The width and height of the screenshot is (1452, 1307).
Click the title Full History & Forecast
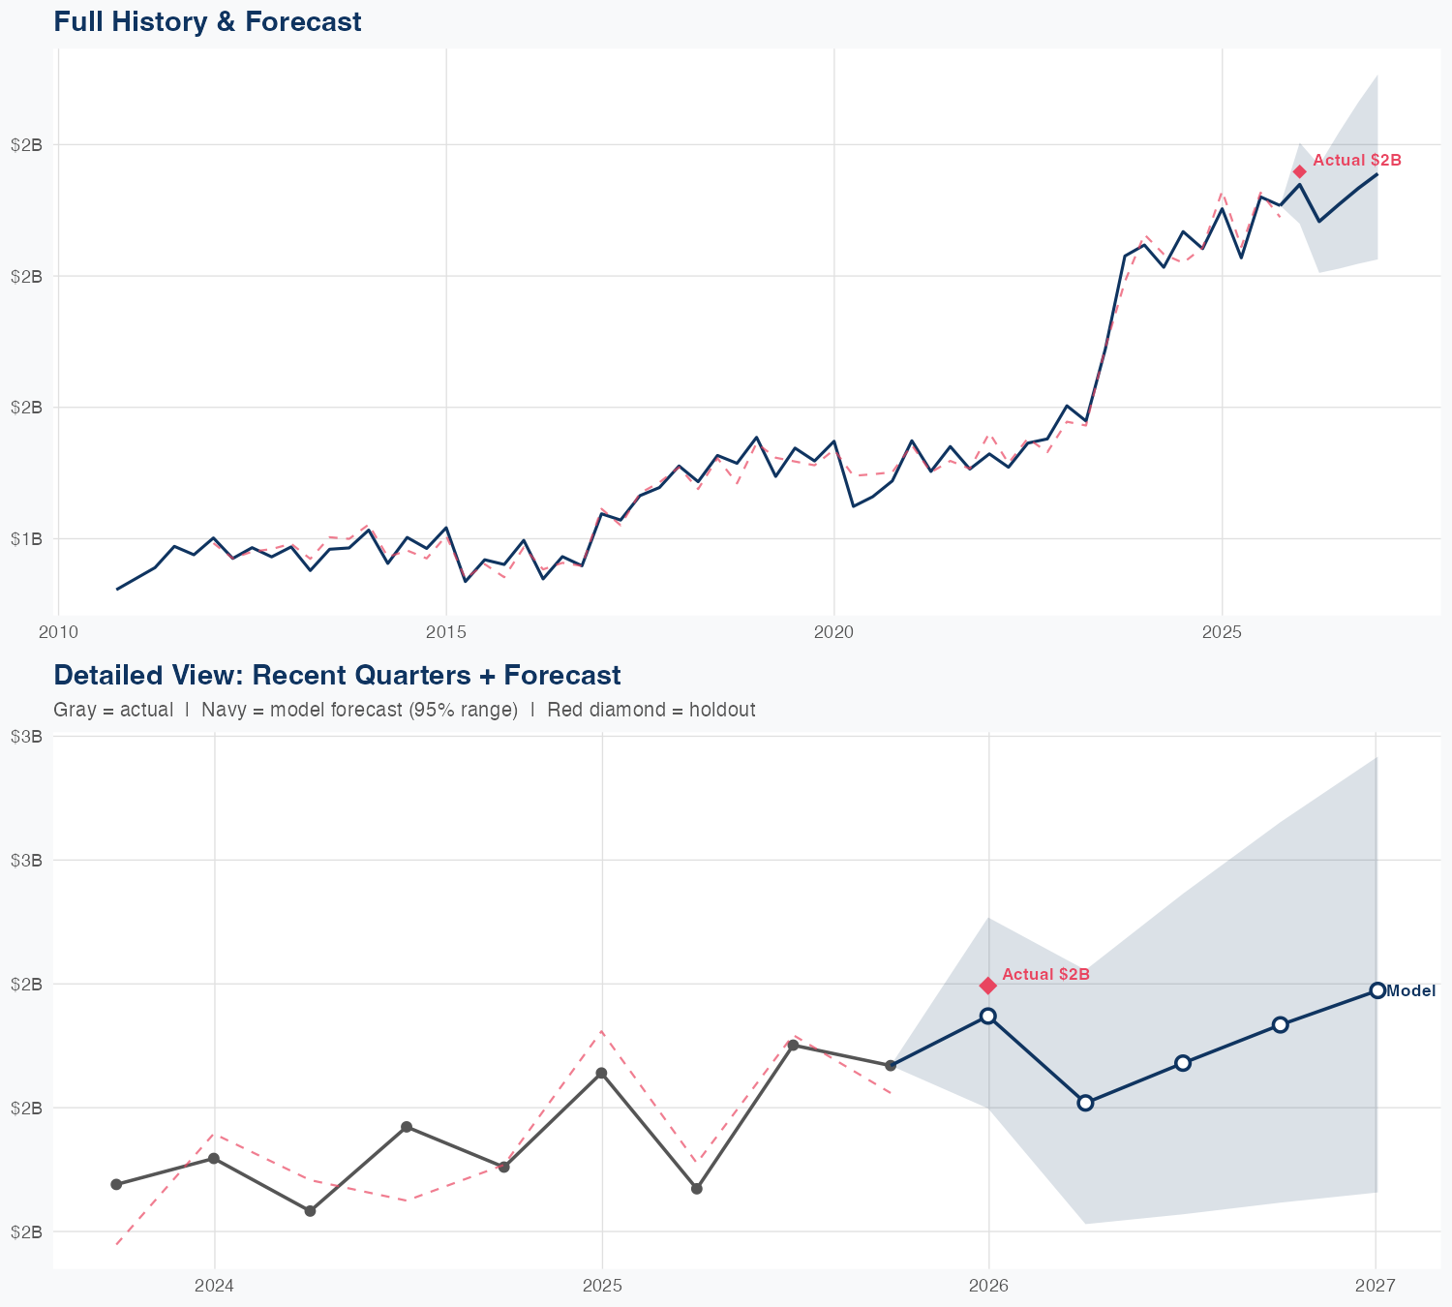207,22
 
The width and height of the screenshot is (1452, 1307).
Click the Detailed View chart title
337,675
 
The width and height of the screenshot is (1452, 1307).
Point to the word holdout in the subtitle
724,710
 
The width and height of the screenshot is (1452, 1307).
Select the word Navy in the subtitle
223,710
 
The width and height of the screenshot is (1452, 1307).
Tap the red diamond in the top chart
1299,171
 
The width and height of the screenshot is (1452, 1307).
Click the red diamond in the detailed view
987,986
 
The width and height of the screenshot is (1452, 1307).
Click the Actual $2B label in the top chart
1356,161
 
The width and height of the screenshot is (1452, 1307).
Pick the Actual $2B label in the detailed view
1045,974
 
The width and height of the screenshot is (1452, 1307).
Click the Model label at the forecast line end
1410,990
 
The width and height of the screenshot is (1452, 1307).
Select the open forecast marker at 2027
1376,990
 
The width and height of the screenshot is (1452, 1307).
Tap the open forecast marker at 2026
987,1016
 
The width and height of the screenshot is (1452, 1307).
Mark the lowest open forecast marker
1085,1103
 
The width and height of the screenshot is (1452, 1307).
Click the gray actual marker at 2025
601,1073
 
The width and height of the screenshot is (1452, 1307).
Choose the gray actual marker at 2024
213,1158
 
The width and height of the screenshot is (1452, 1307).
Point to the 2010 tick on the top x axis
58,633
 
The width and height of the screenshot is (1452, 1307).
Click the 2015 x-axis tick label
446,633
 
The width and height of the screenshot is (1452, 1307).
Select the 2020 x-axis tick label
833,633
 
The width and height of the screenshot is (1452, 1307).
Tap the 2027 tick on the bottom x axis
1376,1286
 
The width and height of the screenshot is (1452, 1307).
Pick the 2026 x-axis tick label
988,1286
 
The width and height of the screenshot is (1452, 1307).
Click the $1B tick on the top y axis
26,538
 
